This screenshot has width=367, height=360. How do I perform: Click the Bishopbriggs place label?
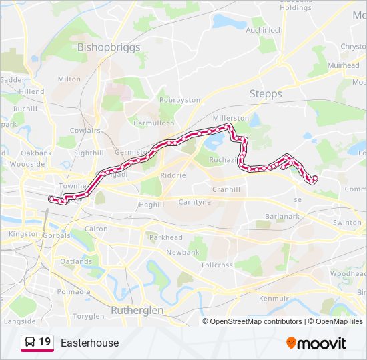(109, 47)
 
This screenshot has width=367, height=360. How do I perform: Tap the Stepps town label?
(266, 94)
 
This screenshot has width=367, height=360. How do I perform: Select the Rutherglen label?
(137, 310)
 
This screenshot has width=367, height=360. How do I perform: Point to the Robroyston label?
(179, 100)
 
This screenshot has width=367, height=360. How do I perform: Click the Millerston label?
(230, 118)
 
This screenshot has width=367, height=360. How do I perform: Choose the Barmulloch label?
(154, 123)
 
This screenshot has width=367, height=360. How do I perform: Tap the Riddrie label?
(172, 175)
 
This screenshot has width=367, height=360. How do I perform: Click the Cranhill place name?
(244, 189)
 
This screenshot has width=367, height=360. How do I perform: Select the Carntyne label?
(194, 202)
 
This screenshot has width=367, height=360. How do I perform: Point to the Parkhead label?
(165, 237)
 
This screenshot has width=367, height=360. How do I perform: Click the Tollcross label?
(217, 265)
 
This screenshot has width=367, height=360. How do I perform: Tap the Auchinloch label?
(264, 31)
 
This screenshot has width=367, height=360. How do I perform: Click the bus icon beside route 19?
(30, 343)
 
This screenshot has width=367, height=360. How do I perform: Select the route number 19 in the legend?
(45, 343)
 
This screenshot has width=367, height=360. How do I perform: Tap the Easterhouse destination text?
(89, 343)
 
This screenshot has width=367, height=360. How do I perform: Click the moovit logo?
(316, 343)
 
